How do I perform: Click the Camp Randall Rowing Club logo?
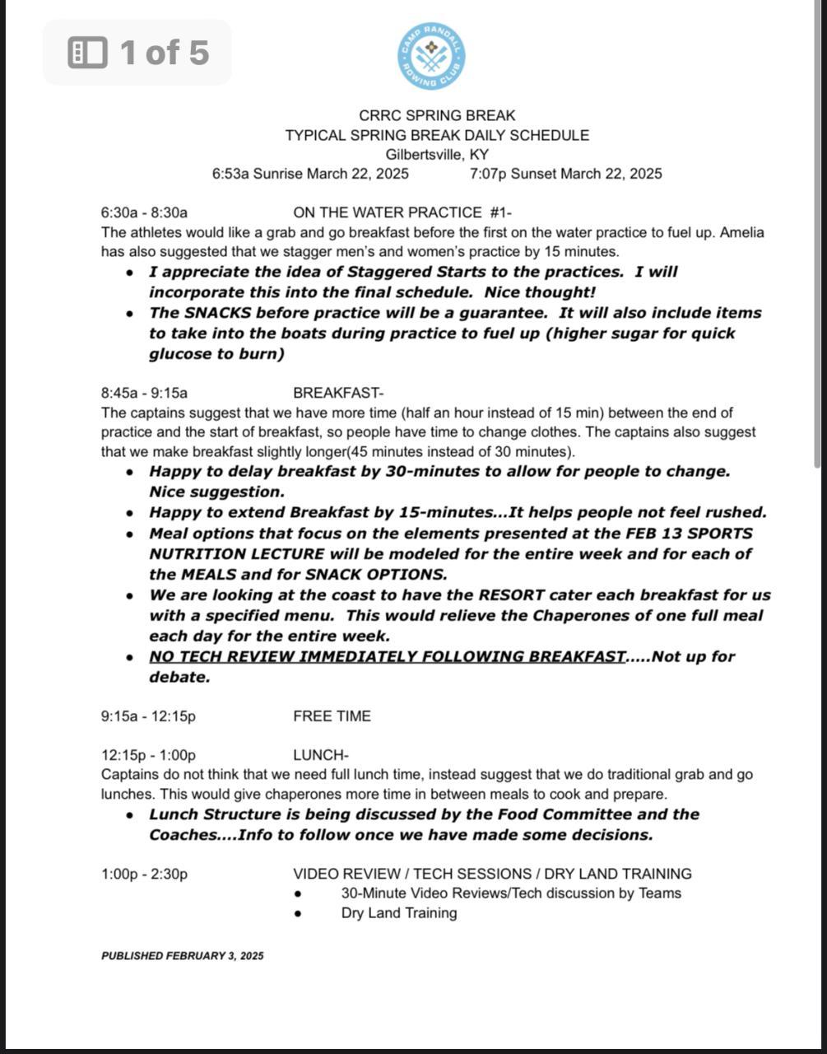coord(432,56)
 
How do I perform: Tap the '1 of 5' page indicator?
coord(137,53)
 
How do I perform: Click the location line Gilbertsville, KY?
coord(437,154)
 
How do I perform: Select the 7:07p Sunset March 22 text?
coord(565,174)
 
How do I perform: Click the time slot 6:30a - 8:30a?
coord(144,212)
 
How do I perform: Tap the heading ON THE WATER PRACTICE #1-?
coord(402,212)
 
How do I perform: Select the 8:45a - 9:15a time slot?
coord(144,393)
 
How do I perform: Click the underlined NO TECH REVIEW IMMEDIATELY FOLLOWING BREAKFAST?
coord(387,656)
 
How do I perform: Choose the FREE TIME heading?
coord(332,716)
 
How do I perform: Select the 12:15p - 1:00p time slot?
coord(148,755)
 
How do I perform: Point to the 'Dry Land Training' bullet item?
coord(399,913)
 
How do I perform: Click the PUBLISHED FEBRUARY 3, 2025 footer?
coord(183,956)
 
